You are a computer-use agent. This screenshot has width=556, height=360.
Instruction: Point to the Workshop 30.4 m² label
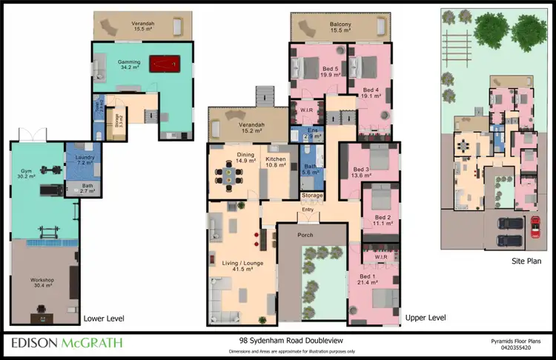[x=42, y=282]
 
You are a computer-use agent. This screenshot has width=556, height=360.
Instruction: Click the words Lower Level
[x=104, y=318]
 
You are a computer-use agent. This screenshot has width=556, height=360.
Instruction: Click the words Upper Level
[x=426, y=317]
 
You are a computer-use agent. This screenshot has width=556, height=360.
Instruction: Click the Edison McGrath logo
[x=67, y=343]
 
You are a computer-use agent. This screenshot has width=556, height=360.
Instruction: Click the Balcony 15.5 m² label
[x=340, y=27]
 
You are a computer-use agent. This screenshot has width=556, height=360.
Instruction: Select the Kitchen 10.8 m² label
[x=276, y=162]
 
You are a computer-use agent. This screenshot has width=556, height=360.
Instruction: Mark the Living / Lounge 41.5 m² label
[x=238, y=265]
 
